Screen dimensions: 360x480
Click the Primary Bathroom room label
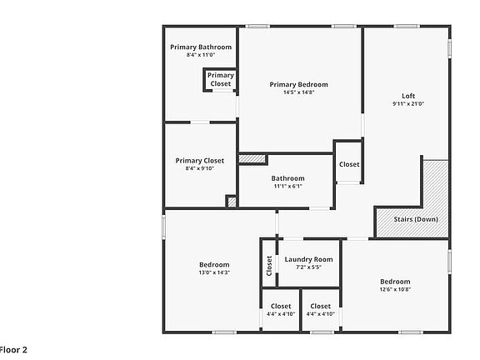point(201,47)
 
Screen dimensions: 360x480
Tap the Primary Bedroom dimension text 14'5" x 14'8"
point(298,92)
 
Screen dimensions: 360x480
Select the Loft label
point(408,96)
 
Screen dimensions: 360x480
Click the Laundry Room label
point(308,259)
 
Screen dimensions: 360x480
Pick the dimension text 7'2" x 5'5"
point(308,267)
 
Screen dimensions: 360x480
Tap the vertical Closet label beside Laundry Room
point(269,265)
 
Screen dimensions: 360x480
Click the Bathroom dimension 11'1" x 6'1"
point(287,186)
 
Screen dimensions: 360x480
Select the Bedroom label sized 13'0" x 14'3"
point(213,264)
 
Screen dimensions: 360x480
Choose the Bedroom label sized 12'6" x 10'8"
point(396,281)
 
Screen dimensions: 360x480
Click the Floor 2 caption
point(13,349)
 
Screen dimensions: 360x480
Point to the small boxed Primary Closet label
point(221,79)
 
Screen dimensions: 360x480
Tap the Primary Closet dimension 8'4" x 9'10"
point(200,168)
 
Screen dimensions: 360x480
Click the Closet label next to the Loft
point(349,164)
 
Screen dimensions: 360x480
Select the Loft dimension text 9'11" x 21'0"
point(408,104)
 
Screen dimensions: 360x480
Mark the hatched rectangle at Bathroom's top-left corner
point(252,158)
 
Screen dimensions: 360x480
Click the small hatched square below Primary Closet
point(232,201)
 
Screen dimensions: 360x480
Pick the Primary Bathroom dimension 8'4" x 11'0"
point(201,55)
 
